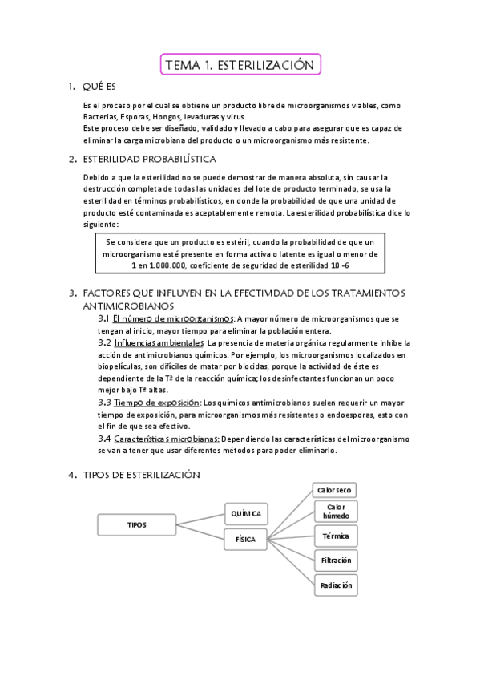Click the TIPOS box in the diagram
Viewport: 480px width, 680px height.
click(x=137, y=524)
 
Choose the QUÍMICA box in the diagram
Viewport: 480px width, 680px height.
click(x=245, y=512)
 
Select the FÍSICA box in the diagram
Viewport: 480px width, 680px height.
click(x=245, y=540)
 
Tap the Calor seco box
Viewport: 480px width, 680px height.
click(x=334, y=489)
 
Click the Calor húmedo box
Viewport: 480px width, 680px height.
click(x=334, y=512)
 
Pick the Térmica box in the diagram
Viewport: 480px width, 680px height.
click(x=334, y=536)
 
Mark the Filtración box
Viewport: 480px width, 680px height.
click(x=334, y=560)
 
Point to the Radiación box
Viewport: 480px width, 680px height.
click(x=334, y=585)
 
